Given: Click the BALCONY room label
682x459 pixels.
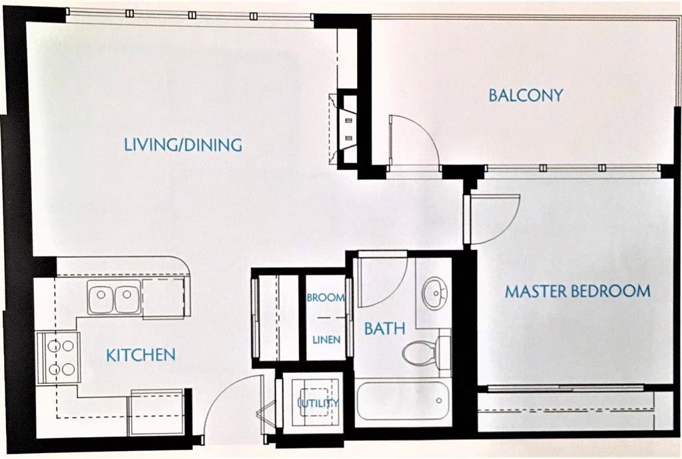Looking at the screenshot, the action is pyautogui.click(x=526, y=95).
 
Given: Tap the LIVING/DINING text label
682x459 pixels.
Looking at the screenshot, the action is pyautogui.click(x=183, y=145).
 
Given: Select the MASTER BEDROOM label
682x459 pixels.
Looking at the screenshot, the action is pyautogui.click(x=577, y=291).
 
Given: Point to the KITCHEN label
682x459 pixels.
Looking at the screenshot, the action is pyautogui.click(x=141, y=355).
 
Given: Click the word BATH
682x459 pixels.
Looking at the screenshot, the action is pyautogui.click(x=384, y=328).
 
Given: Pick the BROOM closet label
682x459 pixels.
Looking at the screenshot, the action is pyautogui.click(x=326, y=298).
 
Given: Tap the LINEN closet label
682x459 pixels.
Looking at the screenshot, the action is pyautogui.click(x=326, y=339).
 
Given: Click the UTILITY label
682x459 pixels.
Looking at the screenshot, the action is pyautogui.click(x=320, y=403).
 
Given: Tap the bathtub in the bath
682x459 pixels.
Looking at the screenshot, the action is pyautogui.click(x=402, y=401).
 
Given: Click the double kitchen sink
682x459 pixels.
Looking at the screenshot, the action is pyautogui.click(x=115, y=296).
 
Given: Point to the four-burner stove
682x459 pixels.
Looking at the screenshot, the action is pyautogui.click(x=58, y=358).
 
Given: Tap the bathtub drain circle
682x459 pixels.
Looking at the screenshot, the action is pyautogui.click(x=440, y=400).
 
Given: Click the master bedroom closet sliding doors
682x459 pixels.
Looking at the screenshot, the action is pyautogui.click(x=565, y=387).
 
